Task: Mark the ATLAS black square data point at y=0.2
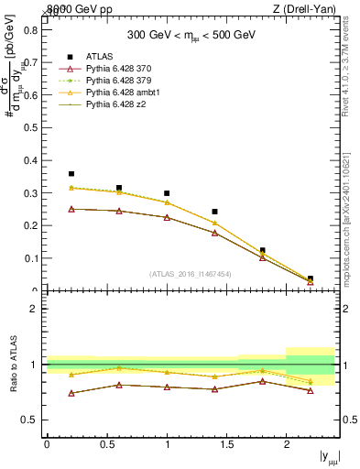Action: [71, 173]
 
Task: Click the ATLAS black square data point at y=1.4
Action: [214, 212]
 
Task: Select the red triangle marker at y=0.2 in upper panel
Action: [71, 209]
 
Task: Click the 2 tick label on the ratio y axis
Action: [34, 309]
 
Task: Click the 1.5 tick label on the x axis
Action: [226, 444]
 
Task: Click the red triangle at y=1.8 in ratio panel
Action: [262, 381]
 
